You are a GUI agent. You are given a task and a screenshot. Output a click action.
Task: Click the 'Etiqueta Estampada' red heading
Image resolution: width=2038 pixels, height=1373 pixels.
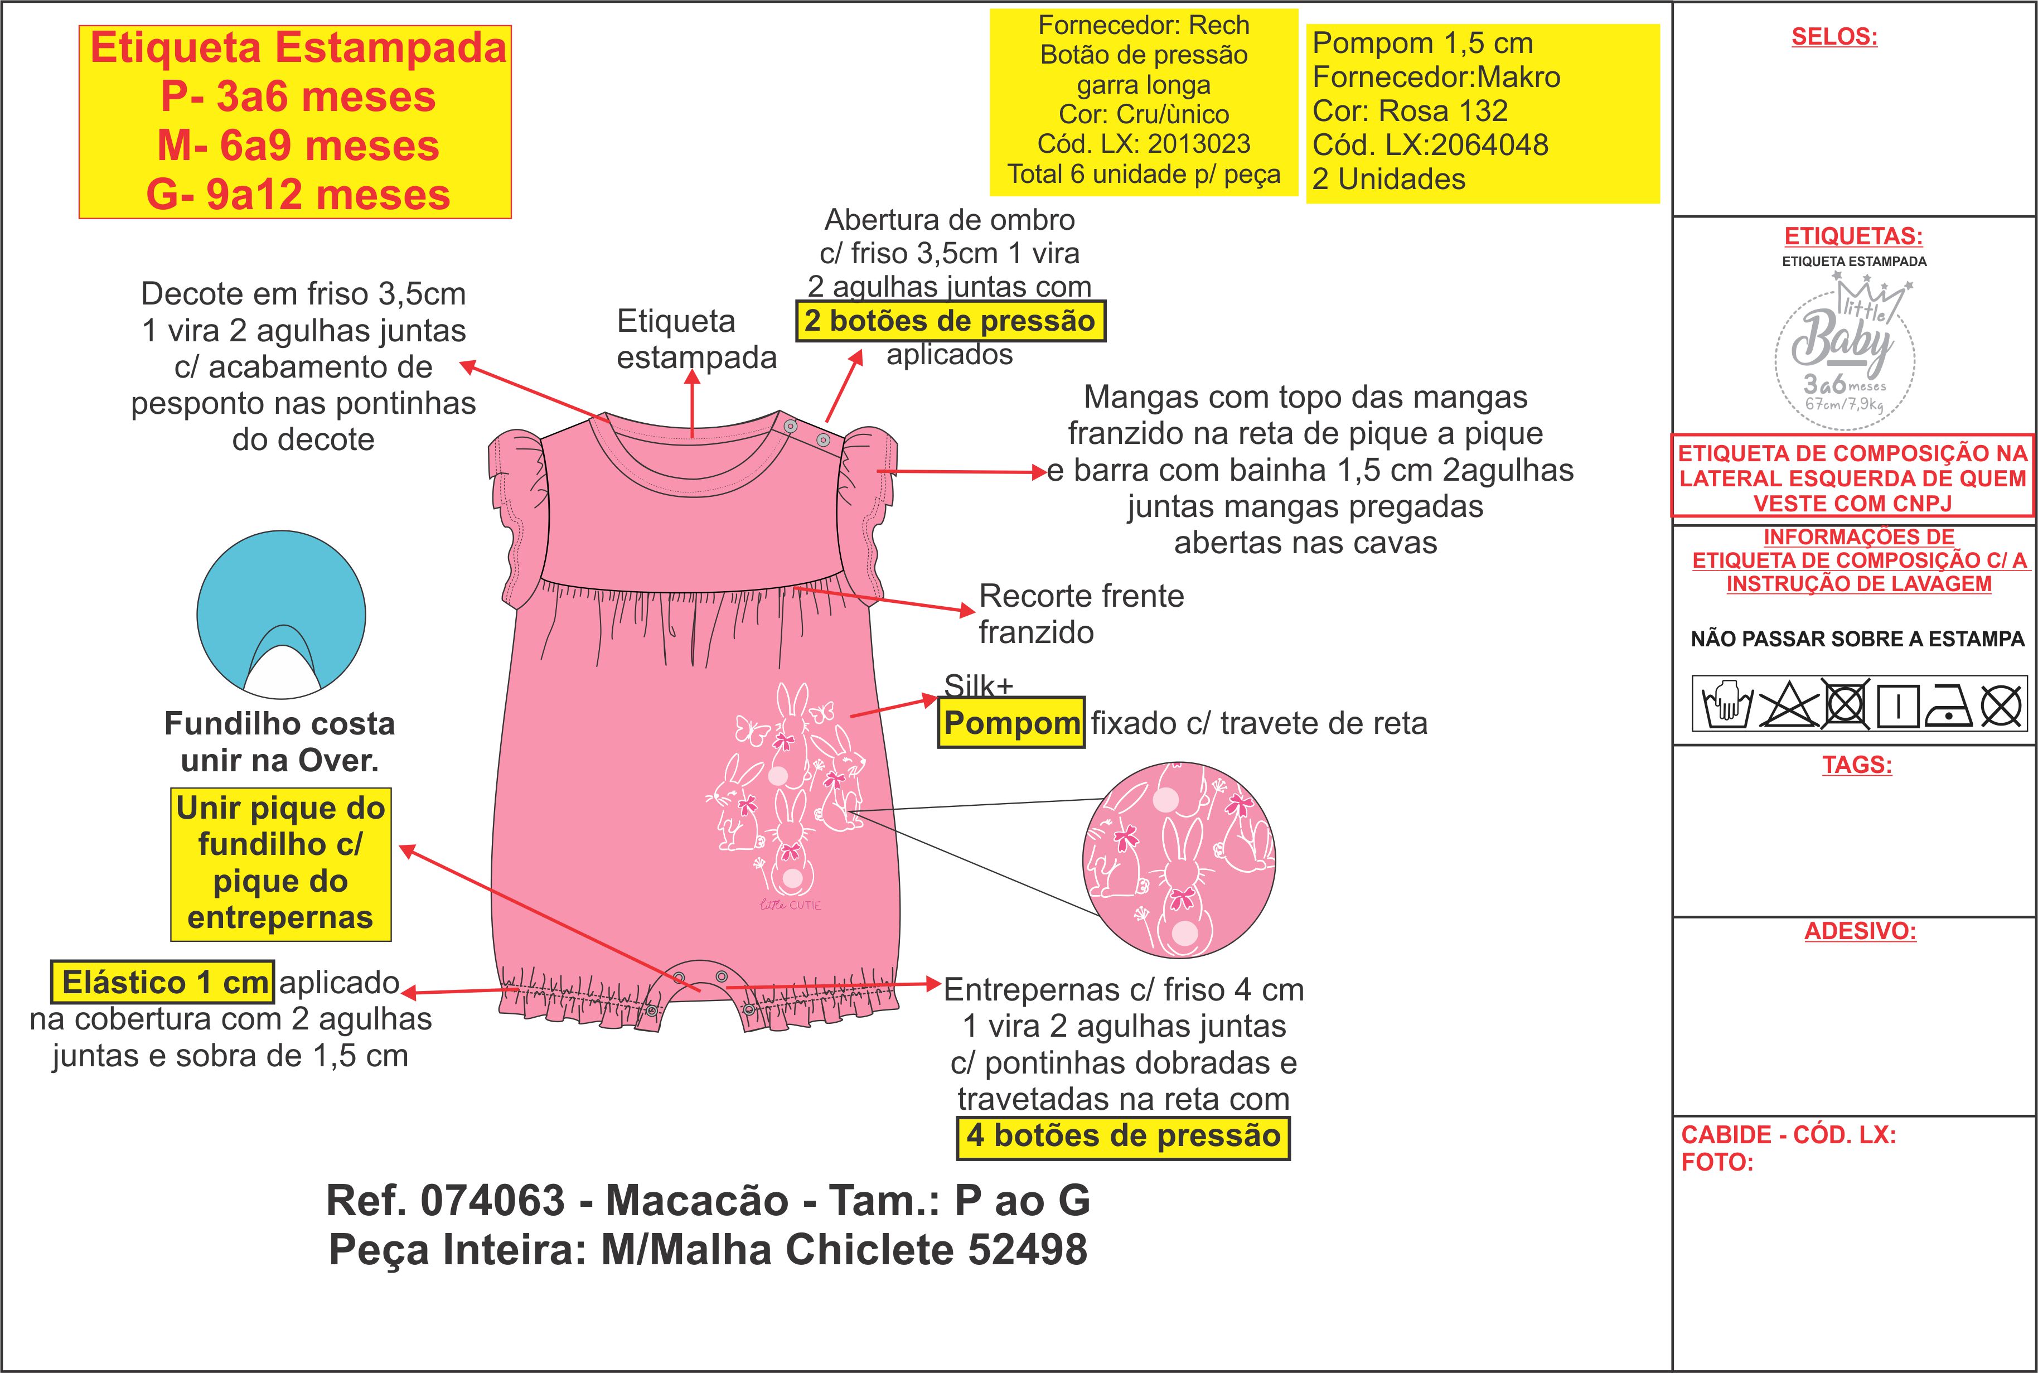pos(298,47)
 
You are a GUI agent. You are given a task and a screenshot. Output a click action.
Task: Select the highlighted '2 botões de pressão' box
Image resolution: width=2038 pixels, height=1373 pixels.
pos(950,321)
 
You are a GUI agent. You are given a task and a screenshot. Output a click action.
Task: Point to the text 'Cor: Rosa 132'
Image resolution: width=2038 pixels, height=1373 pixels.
pos(1410,111)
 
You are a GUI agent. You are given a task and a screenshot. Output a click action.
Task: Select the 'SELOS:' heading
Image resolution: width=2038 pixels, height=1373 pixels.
pos(1834,37)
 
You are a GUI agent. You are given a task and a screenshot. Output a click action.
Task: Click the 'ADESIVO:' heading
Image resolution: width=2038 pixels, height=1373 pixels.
pos(1860,931)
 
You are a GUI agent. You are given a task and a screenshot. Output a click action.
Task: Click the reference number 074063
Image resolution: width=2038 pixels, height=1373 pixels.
pos(493,1201)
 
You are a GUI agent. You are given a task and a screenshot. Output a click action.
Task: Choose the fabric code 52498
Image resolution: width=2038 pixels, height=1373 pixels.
pos(1027,1250)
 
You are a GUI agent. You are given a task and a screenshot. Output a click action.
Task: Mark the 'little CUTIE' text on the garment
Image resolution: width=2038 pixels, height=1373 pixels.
pos(791,905)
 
